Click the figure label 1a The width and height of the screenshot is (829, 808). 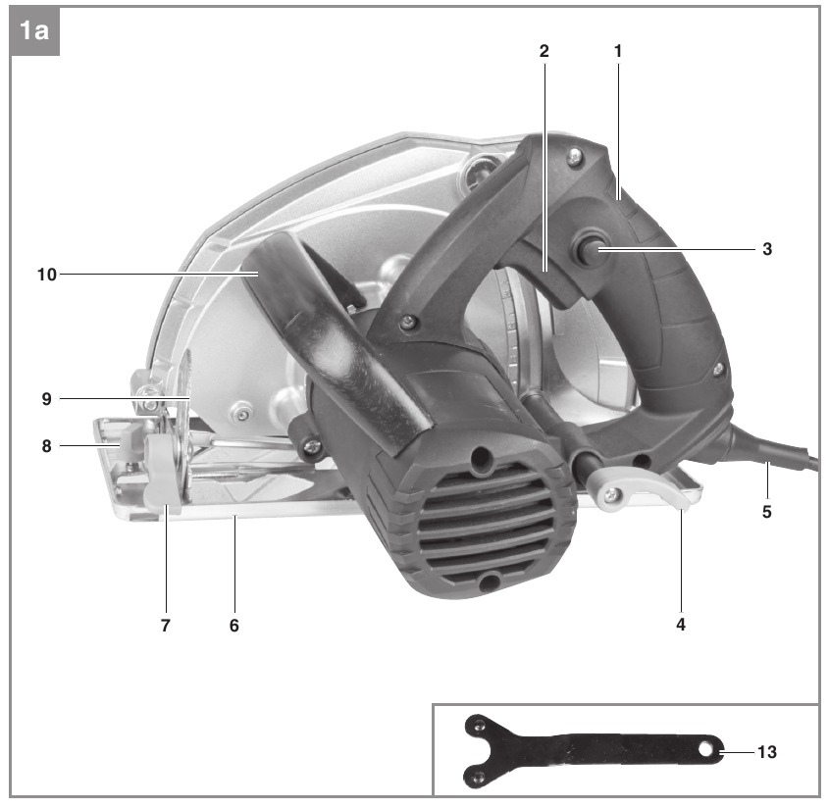[x=33, y=30]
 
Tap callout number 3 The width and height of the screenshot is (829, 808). [x=767, y=249]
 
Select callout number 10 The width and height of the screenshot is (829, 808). [x=46, y=275]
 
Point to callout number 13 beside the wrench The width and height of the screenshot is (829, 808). [x=767, y=751]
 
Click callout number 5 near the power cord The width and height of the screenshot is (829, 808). [x=766, y=512]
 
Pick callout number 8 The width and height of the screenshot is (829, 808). [x=46, y=445]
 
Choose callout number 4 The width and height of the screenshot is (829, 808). [x=681, y=625]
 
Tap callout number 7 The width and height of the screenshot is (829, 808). [x=166, y=626]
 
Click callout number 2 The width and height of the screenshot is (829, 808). [x=544, y=51]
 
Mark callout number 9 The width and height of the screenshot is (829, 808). [x=46, y=398]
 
